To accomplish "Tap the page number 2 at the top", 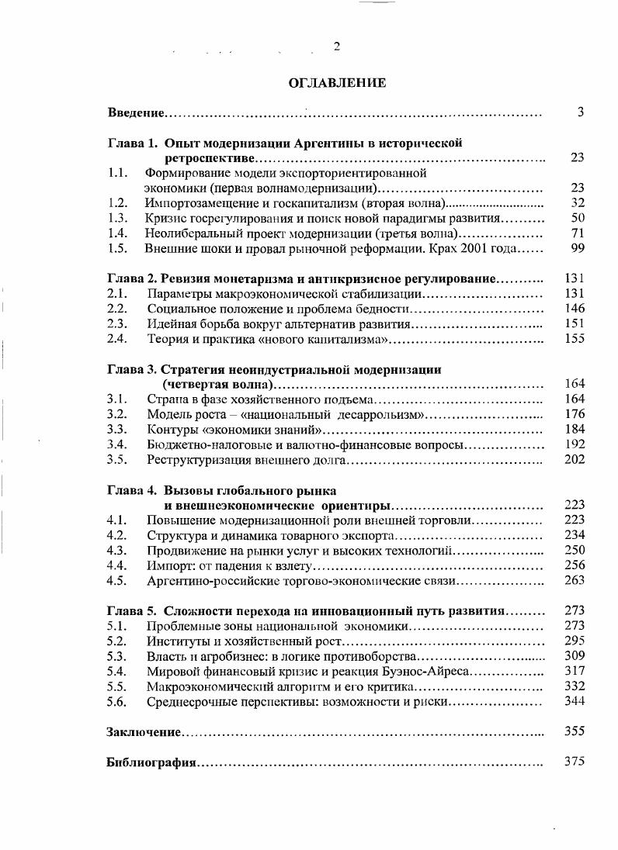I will point(336,47).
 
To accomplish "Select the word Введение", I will point(136,114).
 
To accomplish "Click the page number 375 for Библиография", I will point(574,762).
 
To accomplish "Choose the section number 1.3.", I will point(117,218).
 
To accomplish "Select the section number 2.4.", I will point(117,338).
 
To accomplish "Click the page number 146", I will point(575,308).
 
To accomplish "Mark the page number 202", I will point(575,459).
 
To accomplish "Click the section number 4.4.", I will point(117,565).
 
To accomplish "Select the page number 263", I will point(575,580).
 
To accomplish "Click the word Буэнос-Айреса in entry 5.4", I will point(431,671).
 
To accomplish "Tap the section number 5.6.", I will point(117,701).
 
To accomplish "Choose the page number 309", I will point(575,655).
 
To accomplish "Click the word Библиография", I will point(151,762).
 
